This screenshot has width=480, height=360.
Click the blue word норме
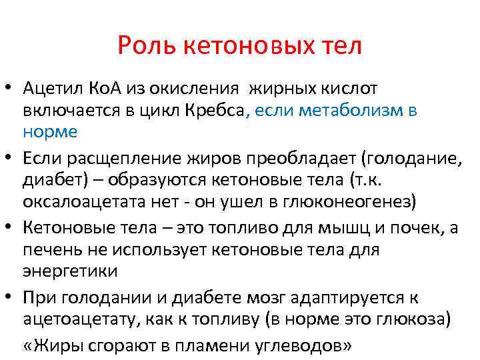(50, 131)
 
